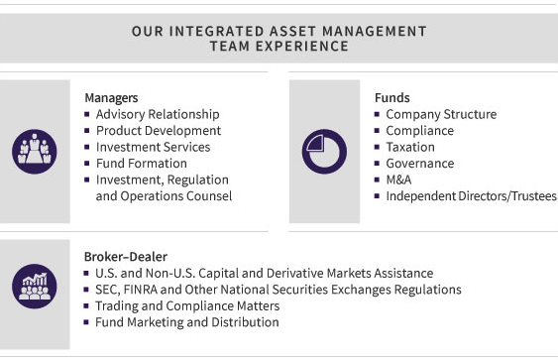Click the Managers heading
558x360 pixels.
click(x=110, y=98)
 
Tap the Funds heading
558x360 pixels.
click(x=391, y=98)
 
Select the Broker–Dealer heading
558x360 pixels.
click(x=125, y=256)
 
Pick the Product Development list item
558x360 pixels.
click(x=158, y=131)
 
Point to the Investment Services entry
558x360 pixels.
click(x=153, y=147)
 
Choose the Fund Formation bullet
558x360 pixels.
click(x=141, y=164)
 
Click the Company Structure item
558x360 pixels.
click(x=441, y=114)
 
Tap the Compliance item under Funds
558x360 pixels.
click(x=419, y=131)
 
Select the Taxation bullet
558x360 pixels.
click(x=410, y=147)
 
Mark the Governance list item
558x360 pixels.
click(x=419, y=164)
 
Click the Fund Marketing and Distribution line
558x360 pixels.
click(x=186, y=322)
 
